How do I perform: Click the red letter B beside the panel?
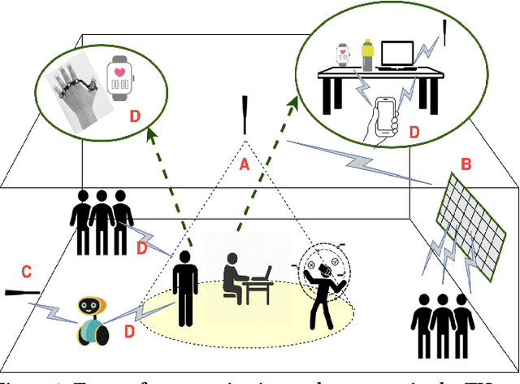coord(466,164)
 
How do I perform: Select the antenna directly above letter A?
coord(244,116)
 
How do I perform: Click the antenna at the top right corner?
coord(445,30)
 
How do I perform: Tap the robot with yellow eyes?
coord(91,321)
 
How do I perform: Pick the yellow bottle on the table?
coord(367,55)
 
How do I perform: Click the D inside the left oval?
coord(135,116)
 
